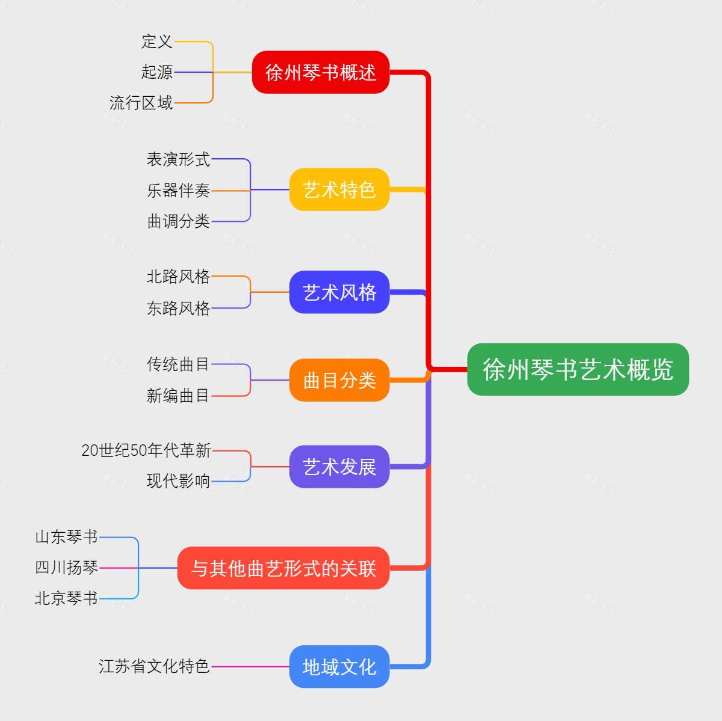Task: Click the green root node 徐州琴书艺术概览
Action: click(x=578, y=369)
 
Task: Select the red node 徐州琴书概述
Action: click(x=321, y=72)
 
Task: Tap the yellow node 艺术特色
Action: click(x=339, y=189)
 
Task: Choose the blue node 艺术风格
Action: click(x=339, y=292)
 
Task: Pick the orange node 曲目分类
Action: click(x=339, y=380)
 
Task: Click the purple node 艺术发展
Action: click(x=339, y=467)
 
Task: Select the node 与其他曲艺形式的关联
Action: click(x=283, y=568)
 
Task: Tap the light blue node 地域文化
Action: click(x=339, y=666)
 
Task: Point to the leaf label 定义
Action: click(x=157, y=41)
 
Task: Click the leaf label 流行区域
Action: click(x=141, y=103)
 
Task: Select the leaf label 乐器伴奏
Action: click(x=179, y=191)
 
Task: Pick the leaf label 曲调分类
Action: click(x=179, y=221)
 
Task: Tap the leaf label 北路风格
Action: click(x=179, y=277)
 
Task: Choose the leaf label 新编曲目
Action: click(x=178, y=396)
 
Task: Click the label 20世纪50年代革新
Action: click(x=146, y=450)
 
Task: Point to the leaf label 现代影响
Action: click(x=179, y=481)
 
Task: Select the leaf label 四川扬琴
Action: click(x=67, y=567)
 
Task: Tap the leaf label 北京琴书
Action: click(x=67, y=598)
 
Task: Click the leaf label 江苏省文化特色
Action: click(x=154, y=666)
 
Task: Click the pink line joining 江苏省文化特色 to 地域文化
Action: click(x=250, y=666)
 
